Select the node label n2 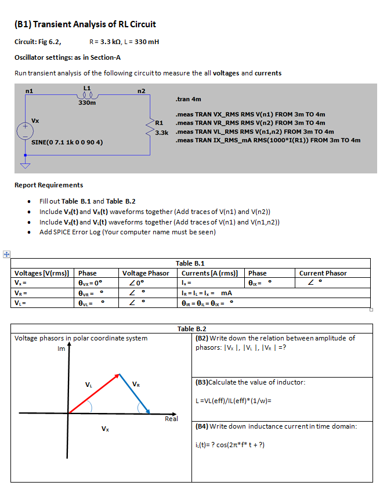click(141, 90)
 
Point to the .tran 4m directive click(188, 99)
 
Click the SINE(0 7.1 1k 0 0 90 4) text click(67, 142)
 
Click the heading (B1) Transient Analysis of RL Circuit click(85, 24)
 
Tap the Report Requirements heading click(49, 185)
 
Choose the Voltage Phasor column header click(146, 273)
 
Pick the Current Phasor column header click(323, 273)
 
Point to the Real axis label click(171, 418)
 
